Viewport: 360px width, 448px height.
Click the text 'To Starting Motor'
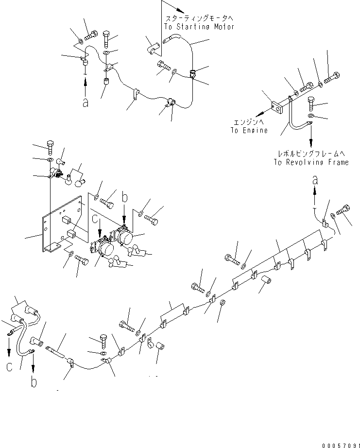pyautogui.click(x=199, y=27)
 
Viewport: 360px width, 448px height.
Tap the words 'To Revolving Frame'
pyautogui.click(x=310, y=162)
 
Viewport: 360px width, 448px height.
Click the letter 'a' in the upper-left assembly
pyautogui.click(x=86, y=103)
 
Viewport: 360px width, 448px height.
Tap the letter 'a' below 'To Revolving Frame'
pyautogui.click(x=315, y=180)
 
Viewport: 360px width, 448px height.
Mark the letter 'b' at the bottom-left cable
pyautogui.click(x=33, y=382)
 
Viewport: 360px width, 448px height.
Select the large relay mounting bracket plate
pyautogui.click(x=63, y=224)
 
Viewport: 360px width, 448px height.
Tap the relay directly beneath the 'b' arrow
pyautogui.click(x=125, y=237)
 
